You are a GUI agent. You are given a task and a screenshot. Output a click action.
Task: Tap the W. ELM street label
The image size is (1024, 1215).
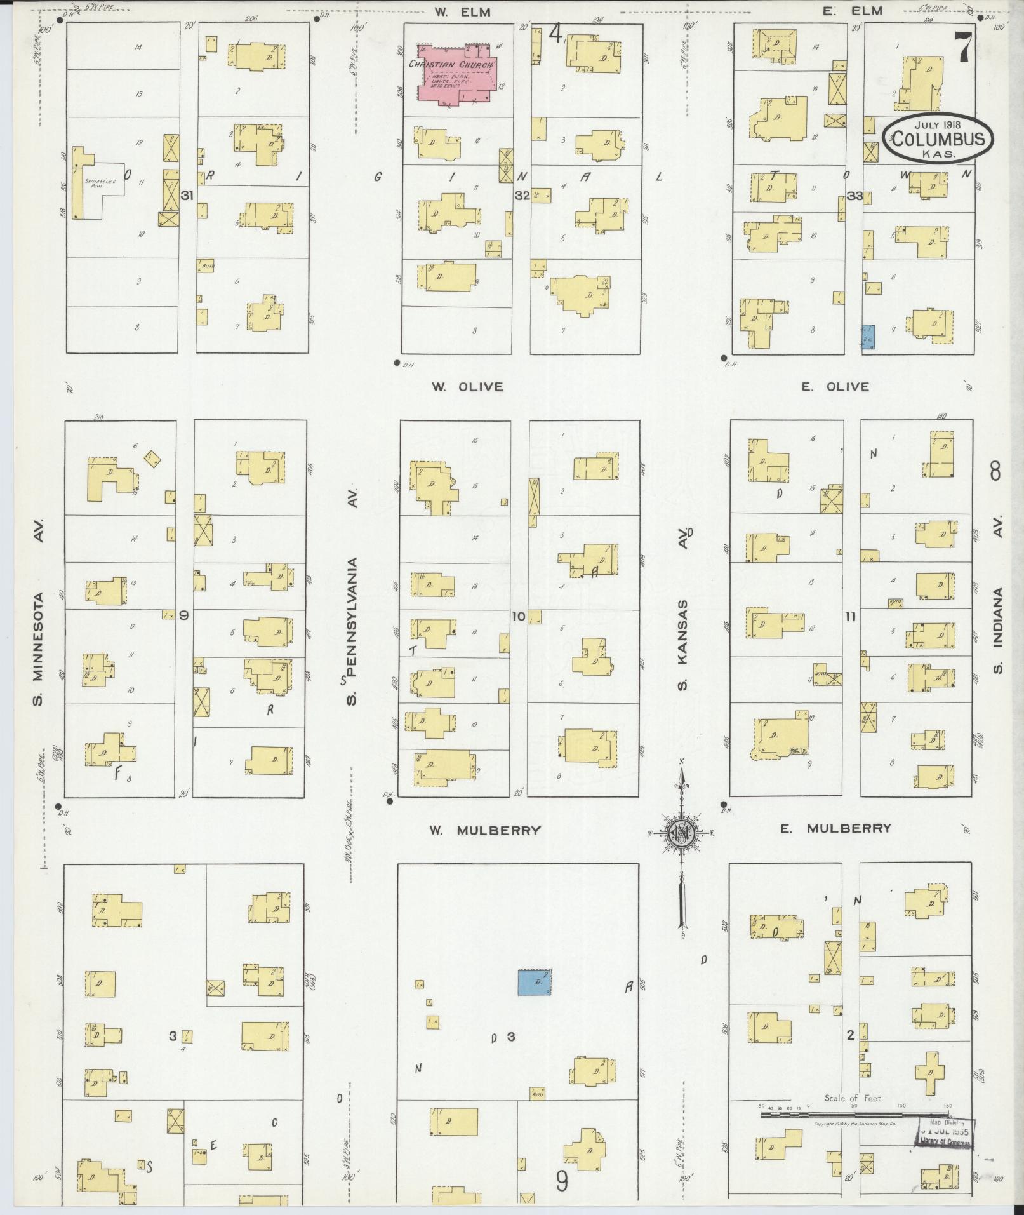(463, 12)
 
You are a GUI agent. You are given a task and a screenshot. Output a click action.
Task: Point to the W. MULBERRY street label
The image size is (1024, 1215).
(485, 830)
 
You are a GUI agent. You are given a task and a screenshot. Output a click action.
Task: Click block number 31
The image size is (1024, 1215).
(186, 196)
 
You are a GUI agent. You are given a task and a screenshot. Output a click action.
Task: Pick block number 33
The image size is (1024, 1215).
(854, 196)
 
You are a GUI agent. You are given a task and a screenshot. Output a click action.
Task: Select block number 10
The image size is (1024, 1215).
(519, 615)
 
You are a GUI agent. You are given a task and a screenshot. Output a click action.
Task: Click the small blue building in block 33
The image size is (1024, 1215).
(868, 337)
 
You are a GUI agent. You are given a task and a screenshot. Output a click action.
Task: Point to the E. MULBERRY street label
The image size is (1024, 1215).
(835, 828)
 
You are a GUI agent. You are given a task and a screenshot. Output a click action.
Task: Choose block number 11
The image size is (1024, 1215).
(850, 616)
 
